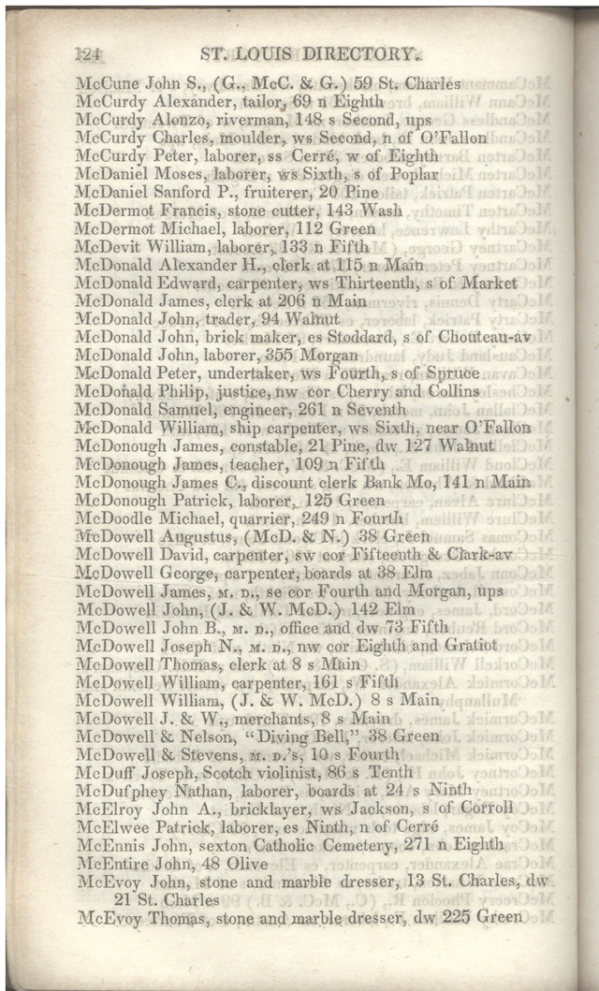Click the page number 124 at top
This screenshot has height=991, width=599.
click(x=92, y=55)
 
